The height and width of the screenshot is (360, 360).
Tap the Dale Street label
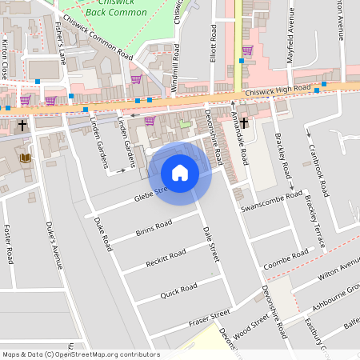[x=210, y=243]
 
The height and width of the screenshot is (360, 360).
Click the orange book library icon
[x=26, y=158]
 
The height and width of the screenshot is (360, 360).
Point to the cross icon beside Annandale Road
[x=244, y=124]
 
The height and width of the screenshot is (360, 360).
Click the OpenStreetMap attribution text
[x=81, y=354]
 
